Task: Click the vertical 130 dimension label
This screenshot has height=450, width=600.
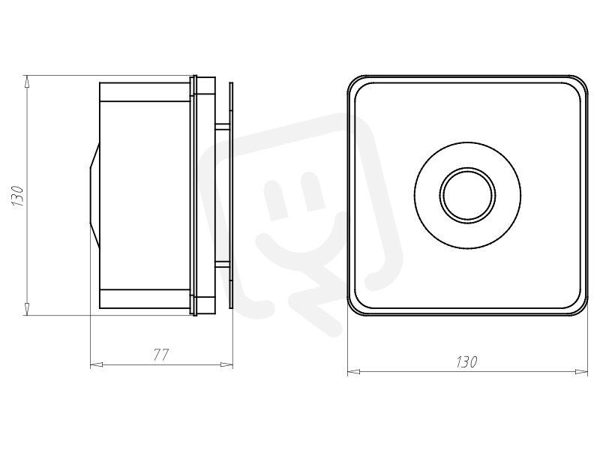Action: (18, 196)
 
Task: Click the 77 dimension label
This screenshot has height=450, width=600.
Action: (160, 355)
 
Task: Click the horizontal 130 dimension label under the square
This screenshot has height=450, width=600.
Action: (466, 361)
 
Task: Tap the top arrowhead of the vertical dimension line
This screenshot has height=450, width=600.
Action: (26, 82)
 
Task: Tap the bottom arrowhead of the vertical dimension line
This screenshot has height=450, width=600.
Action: (26, 309)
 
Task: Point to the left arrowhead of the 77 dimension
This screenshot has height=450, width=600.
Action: (96, 364)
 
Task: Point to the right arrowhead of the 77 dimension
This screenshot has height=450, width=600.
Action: (227, 364)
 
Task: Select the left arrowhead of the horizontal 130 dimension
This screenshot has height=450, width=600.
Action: (353, 371)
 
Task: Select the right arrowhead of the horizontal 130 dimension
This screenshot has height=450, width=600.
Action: (582, 371)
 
